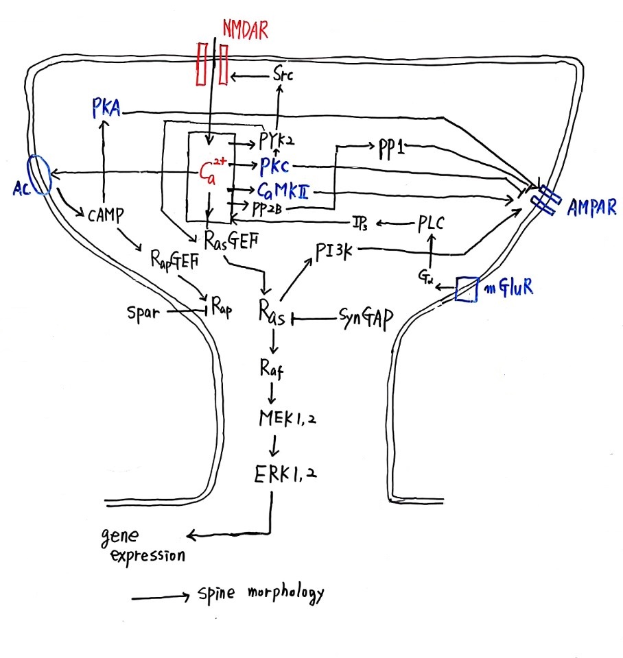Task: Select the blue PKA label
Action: click(105, 108)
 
